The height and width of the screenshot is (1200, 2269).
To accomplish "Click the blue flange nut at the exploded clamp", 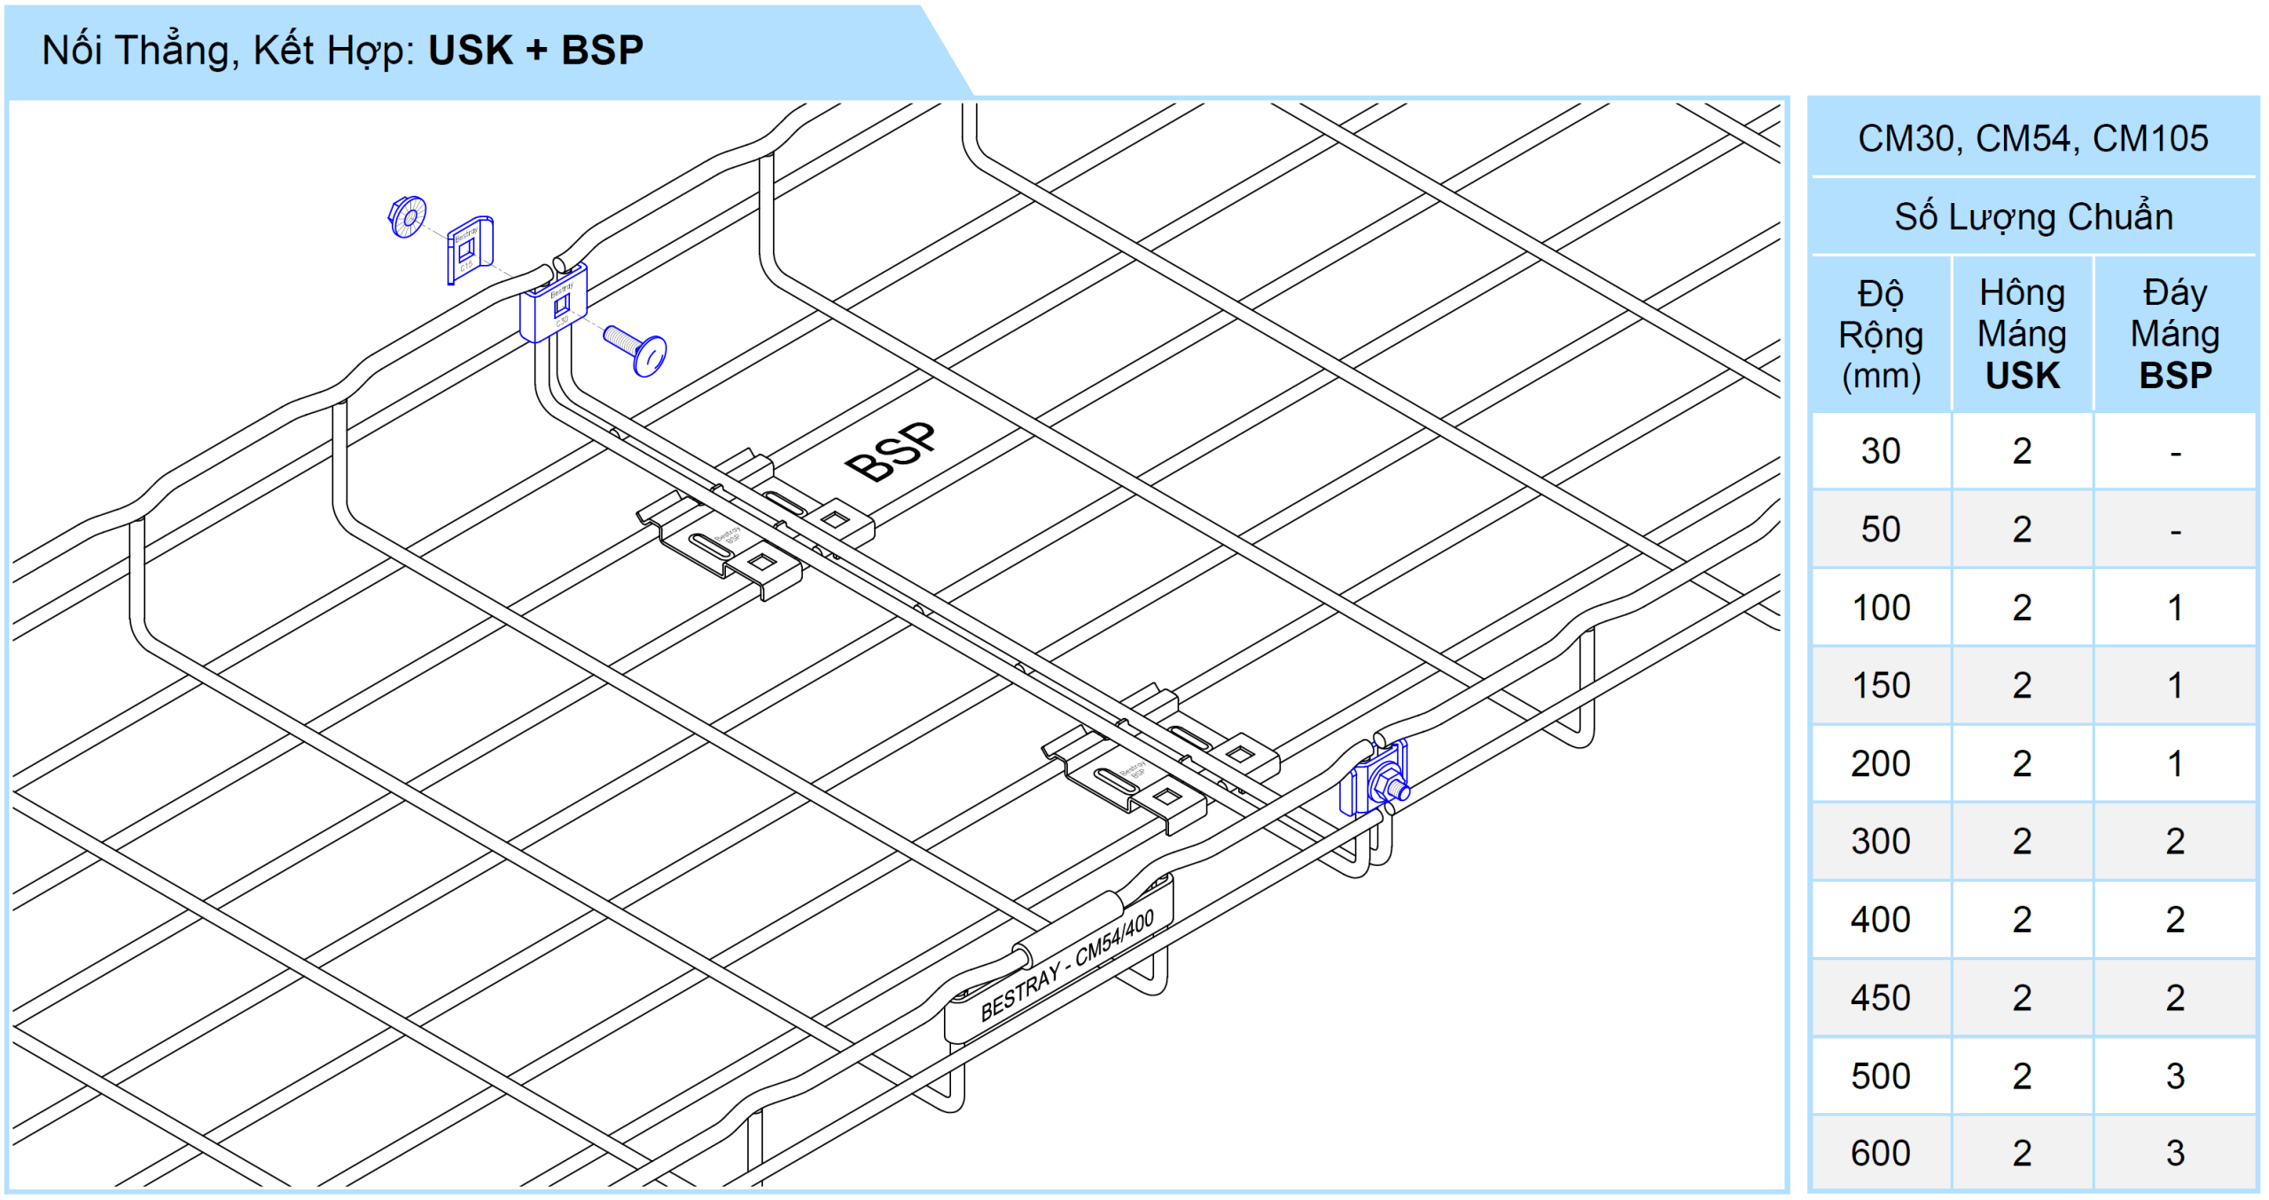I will (408, 216).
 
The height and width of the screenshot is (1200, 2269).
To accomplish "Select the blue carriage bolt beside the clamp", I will (636, 350).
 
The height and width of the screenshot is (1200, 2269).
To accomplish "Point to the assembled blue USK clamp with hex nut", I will (1375, 780).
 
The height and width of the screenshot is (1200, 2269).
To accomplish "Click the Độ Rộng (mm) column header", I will (1880, 334).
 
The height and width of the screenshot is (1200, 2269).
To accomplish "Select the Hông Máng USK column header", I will (2022, 334).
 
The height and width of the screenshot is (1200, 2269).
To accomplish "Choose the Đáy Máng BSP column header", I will (2175, 334).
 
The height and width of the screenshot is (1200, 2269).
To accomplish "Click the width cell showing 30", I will (1880, 451).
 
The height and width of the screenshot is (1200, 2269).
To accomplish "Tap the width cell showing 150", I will (1880, 685).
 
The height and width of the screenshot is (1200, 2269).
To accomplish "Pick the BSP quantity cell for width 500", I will (2175, 1076).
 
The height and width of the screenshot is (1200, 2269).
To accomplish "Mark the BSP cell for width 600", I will (2175, 1153).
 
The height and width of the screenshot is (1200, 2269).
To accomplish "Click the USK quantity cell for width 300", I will (2022, 841).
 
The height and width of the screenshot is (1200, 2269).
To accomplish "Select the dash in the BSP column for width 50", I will (2175, 530).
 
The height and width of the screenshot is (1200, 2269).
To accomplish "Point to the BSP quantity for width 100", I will (2175, 608).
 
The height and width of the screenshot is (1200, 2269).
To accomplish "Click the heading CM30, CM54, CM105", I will (2032, 138).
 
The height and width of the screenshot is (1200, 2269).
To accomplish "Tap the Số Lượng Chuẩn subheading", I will (2032, 217).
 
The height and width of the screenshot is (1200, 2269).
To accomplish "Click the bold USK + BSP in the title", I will (535, 51).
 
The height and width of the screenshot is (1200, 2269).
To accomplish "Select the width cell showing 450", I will (1880, 998).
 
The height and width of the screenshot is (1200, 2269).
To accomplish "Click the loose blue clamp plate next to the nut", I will (470, 250).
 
